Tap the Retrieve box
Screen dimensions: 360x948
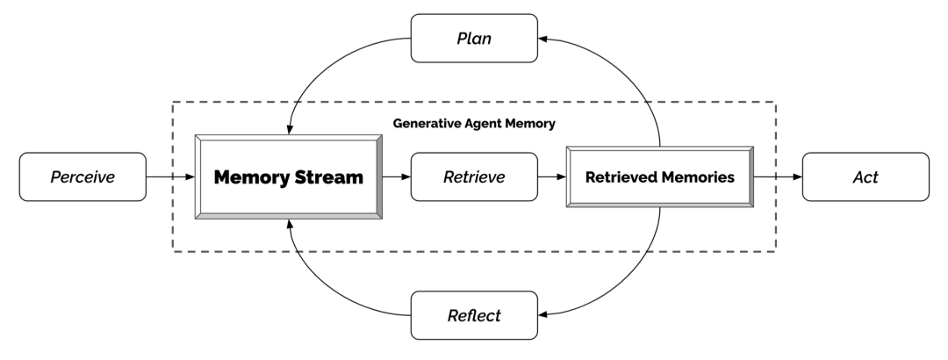(474, 177)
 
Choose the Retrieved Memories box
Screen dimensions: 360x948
(658, 177)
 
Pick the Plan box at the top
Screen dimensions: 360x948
(474, 40)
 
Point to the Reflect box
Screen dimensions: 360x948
(474, 313)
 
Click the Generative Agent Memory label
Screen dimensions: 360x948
(474, 124)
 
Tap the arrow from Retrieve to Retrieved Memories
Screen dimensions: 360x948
(551, 177)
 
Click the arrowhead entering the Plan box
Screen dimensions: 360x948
(544, 40)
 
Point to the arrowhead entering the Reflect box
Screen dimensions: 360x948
(544, 313)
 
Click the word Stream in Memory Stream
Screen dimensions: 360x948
(329, 177)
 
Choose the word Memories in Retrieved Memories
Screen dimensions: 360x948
(696, 177)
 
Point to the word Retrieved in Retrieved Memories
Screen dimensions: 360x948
(621, 177)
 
